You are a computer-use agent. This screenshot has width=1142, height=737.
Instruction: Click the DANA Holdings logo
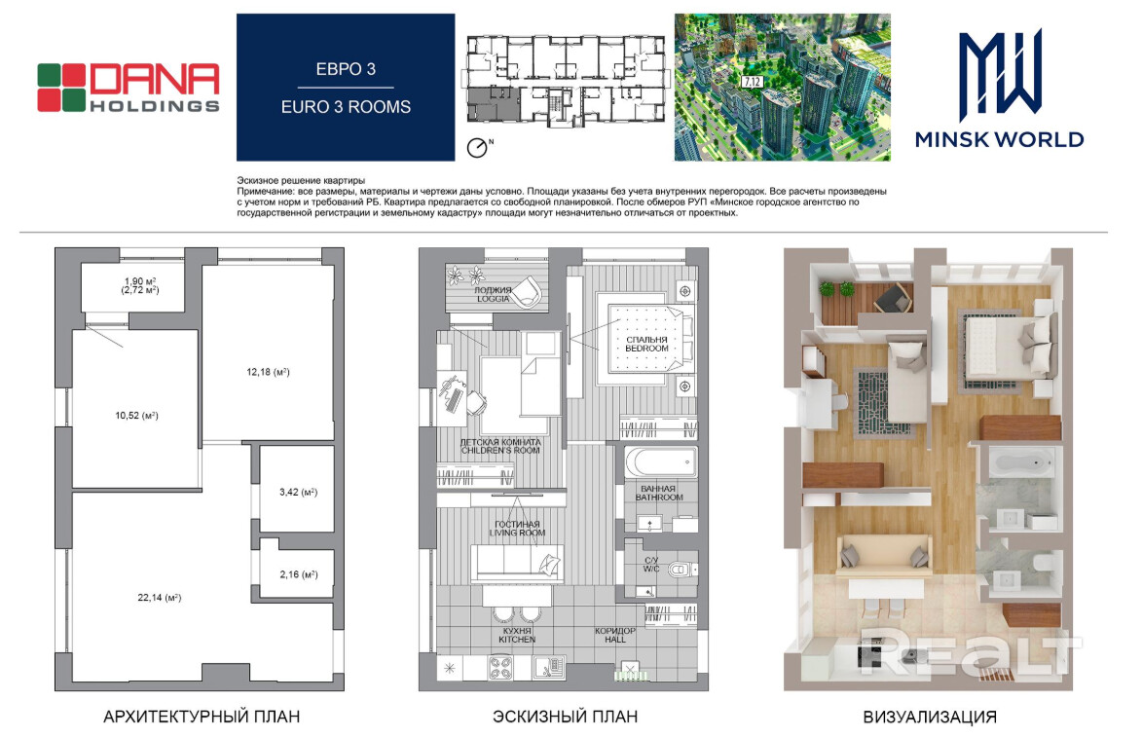click(x=129, y=89)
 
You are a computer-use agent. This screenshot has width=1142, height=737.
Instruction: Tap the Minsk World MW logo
click(x=999, y=89)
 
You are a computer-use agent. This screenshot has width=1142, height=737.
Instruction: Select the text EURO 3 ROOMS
click(x=346, y=107)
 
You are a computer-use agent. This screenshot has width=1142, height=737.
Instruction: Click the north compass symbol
click(x=478, y=148)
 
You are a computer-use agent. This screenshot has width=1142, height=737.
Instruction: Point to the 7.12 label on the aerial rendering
click(x=753, y=82)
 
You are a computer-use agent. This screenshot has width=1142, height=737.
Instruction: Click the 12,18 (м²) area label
click(x=268, y=372)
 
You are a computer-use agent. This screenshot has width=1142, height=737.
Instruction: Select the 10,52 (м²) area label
click(x=136, y=416)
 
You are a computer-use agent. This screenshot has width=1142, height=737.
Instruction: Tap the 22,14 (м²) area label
click(x=159, y=598)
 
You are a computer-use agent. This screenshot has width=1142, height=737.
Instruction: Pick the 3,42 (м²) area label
click(x=299, y=493)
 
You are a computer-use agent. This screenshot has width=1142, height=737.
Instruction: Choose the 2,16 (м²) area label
click(x=299, y=574)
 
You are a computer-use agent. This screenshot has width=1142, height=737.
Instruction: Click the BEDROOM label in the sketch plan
click(x=646, y=349)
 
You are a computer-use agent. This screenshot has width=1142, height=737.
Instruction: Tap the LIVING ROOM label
click(x=517, y=534)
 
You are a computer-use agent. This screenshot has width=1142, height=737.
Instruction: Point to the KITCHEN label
click(x=517, y=640)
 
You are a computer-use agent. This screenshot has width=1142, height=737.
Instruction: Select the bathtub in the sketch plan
click(x=661, y=461)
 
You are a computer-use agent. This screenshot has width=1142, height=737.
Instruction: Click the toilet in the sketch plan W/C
click(x=681, y=569)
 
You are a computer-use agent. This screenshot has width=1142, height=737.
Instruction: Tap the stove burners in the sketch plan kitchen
click(x=500, y=668)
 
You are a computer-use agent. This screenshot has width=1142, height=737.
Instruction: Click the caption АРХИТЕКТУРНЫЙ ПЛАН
click(x=202, y=717)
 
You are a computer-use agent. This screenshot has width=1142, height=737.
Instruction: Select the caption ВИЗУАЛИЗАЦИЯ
click(x=930, y=718)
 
